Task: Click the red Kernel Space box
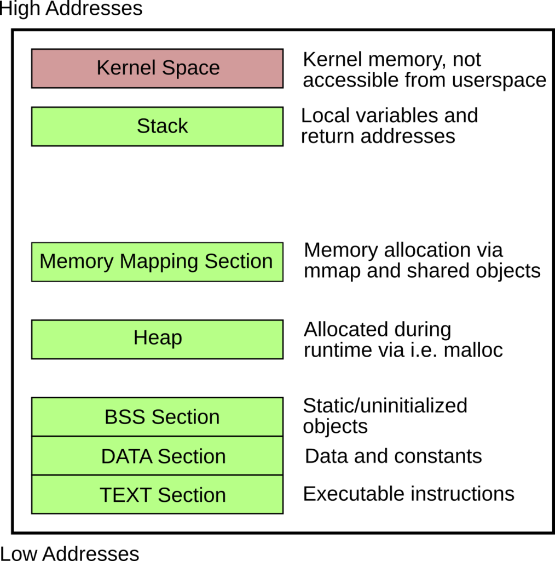pyautogui.click(x=157, y=68)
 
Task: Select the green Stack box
pyautogui.click(x=157, y=127)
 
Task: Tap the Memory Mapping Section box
pyautogui.click(x=157, y=262)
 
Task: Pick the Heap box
pyautogui.click(x=157, y=339)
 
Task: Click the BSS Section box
pyautogui.click(x=157, y=417)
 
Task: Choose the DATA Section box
pyautogui.click(x=157, y=456)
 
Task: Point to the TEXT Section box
pyautogui.click(x=157, y=495)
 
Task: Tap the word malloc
pyautogui.click(x=473, y=350)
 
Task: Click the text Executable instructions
pyautogui.click(x=408, y=494)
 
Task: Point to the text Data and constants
pyautogui.click(x=393, y=456)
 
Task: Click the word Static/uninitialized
pyautogui.click(x=385, y=405)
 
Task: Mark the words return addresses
pyautogui.click(x=378, y=136)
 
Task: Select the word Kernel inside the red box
pyautogui.click(x=123, y=68)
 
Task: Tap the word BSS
pyautogui.click(x=125, y=417)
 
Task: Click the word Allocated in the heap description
pyautogui.click(x=342, y=330)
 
